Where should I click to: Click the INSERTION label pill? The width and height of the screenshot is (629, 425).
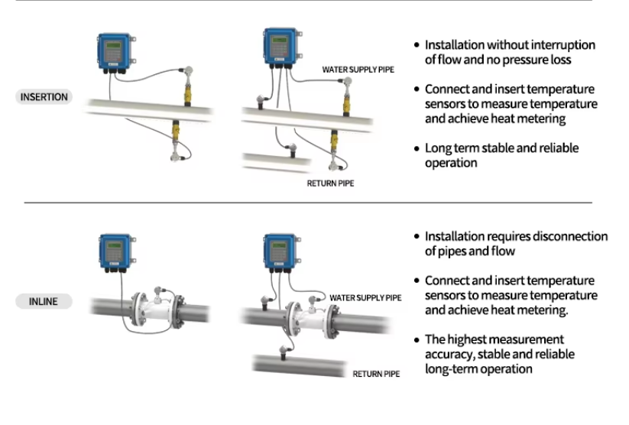[x=44, y=97]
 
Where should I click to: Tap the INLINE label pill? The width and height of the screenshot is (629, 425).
[x=44, y=301]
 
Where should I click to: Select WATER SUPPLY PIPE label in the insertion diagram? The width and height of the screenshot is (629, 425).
[x=358, y=70]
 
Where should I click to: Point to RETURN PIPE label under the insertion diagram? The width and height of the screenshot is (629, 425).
[x=330, y=183]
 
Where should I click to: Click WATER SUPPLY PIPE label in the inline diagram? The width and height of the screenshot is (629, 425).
[x=365, y=297]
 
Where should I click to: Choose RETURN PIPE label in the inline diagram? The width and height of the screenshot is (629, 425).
[x=376, y=374]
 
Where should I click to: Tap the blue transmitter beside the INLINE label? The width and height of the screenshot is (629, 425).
[x=115, y=253]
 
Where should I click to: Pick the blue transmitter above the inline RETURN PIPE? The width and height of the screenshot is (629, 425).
[x=279, y=253]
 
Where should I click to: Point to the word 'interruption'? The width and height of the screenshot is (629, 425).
[x=561, y=45]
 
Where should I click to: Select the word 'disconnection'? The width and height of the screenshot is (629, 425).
[x=572, y=236]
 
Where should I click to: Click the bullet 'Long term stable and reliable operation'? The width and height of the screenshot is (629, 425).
[x=501, y=155]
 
